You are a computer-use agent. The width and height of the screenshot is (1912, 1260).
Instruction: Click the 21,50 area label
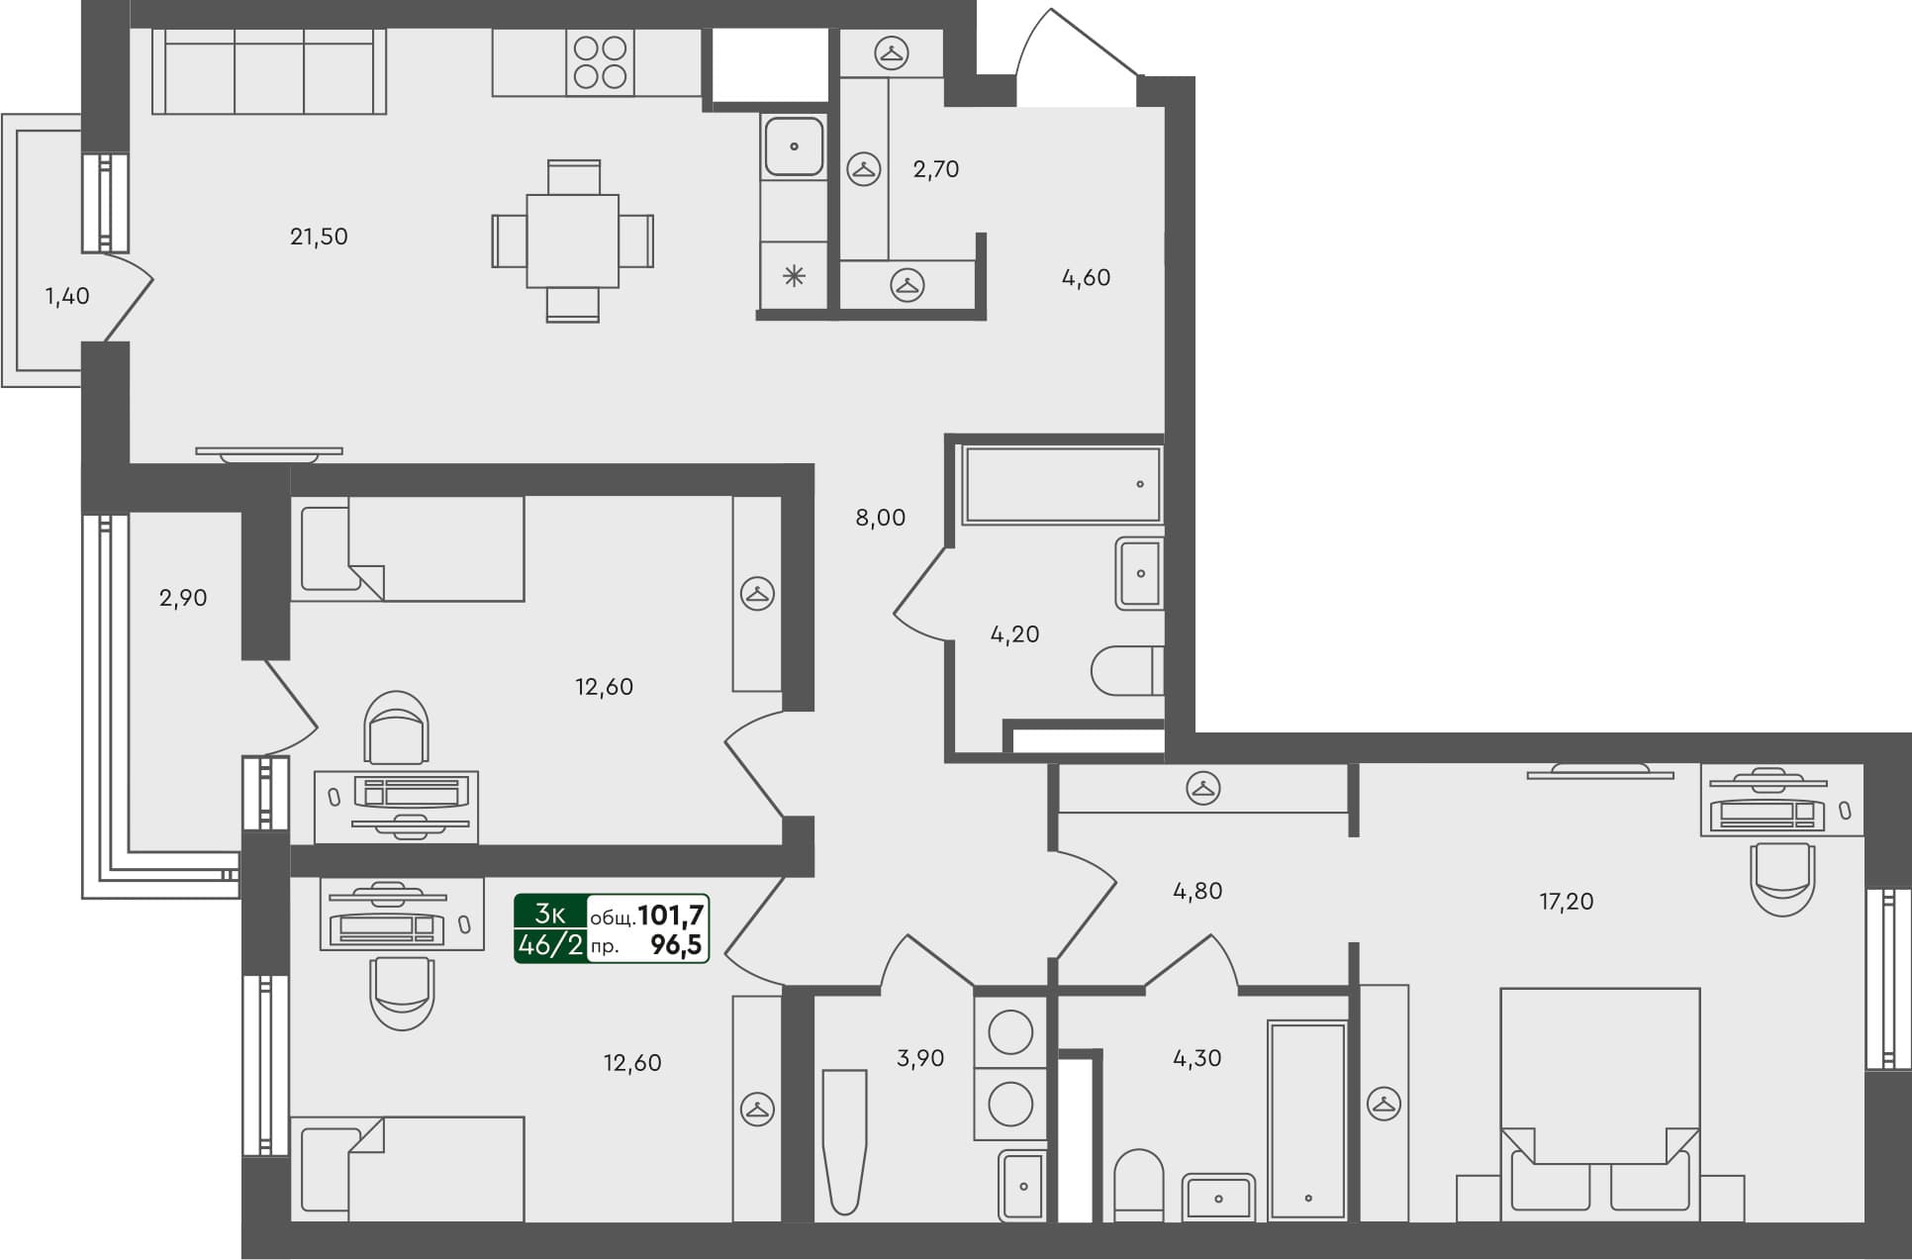319,237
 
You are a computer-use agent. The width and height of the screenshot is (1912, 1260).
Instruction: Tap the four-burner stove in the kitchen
600,62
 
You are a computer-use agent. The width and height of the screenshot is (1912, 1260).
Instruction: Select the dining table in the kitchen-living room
573,241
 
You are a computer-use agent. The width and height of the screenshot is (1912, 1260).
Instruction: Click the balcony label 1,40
67,296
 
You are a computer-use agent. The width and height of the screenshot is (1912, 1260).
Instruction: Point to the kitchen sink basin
794,146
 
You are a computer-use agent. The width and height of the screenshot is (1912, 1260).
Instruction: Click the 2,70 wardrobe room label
935,169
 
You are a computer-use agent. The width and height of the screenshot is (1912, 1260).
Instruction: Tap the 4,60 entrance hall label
1086,278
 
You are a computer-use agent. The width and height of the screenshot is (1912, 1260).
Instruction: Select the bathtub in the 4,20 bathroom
1061,485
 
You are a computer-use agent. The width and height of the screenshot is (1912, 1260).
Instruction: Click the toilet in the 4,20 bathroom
1126,671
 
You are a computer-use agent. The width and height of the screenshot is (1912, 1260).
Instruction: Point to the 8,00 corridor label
880,518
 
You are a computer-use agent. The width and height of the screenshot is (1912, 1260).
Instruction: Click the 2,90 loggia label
183,598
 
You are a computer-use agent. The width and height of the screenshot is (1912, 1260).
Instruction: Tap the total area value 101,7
670,915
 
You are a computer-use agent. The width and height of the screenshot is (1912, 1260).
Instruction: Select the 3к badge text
549,914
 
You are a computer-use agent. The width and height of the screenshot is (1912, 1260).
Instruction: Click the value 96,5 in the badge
676,945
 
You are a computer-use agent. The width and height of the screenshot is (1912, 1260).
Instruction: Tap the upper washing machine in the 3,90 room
1010,1031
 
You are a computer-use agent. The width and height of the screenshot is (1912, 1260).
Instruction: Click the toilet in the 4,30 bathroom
1138,1185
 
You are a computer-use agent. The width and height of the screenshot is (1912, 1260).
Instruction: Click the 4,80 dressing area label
1196,891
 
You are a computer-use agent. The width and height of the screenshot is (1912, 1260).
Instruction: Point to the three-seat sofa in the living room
269,71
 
